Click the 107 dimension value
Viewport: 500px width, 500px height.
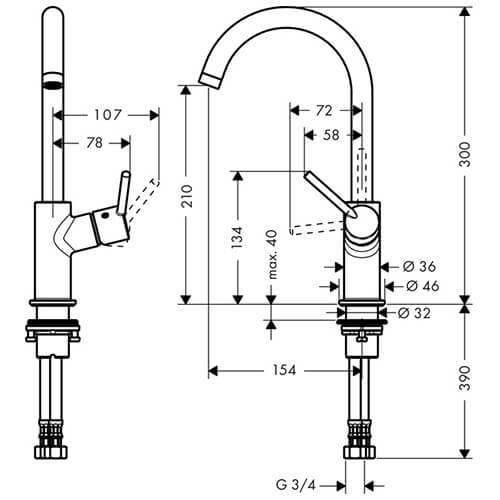107,115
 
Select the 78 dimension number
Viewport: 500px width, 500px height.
95,143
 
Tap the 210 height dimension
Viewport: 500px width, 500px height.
187,196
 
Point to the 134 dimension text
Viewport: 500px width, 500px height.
237,237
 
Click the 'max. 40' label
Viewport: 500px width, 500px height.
272,254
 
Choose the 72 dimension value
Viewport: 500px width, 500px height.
324,110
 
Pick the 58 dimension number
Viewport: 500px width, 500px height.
331,135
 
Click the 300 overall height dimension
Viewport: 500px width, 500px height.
465,154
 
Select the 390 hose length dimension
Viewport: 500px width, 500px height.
465,378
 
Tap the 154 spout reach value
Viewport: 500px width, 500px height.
284,370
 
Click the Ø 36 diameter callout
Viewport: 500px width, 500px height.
419,266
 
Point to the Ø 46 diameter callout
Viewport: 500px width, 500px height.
423,286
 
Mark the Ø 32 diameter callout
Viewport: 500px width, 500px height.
414,313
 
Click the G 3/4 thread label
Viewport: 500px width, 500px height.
295,485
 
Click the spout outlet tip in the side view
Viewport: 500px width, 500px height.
209,82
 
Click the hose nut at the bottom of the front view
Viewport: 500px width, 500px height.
359,453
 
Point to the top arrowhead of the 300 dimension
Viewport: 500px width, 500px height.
465,12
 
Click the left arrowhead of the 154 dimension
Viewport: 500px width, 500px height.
213,371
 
